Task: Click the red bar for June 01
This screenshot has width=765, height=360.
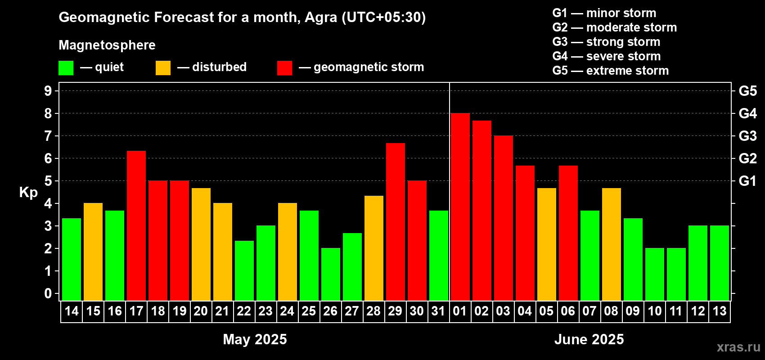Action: pyautogui.click(x=460, y=207)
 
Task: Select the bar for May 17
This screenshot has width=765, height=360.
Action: pyautogui.click(x=136, y=226)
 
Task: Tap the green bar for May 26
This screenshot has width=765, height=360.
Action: pyautogui.click(x=331, y=274)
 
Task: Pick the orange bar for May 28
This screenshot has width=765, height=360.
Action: pyautogui.click(x=374, y=248)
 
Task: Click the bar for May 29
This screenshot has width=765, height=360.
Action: pyautogui.click(x=396, y=222)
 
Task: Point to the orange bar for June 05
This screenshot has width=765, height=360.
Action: pyautogui.click(x=546, y=244)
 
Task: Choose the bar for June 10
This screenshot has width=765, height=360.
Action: pyautogui.click(x=655, y=274)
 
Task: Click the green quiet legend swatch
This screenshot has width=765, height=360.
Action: pyautogui.click(x=66, y=67)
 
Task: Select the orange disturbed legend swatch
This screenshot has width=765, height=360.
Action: pyautogui.click(x=163, y=67)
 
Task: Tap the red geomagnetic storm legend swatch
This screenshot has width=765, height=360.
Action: pyautogui.click(x=284, y=67)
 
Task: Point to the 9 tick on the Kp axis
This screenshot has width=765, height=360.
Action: pyautogui.click(x=48, y=91)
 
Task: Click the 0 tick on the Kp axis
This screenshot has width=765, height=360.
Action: pyautogui.click(x=48, y=293)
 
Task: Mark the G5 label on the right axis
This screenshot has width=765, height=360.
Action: pyautogui.click(x=748, y=91)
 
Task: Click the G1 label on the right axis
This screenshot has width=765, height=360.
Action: pyautogui.click(x=748, y=181)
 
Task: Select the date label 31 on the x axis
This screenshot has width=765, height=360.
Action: pyautogui.click(x=438, y=311)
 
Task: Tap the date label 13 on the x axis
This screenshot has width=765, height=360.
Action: pyautogui.click(x=720, y=311)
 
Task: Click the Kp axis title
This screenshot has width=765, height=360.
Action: pyautogui.click(x=28, y=193)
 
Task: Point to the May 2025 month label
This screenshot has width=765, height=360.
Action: pyautogui.click(x=255, y=339)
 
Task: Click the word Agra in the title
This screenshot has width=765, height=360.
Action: pyautogui.click(x=321, y=18)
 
